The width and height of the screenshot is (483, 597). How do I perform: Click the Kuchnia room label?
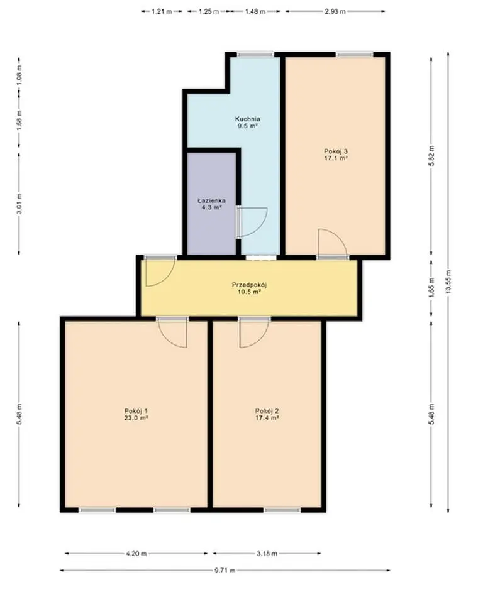[248, 118]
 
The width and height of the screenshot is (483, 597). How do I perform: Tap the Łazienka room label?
[211, 200]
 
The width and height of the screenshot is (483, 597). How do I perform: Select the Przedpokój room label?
[249, 285]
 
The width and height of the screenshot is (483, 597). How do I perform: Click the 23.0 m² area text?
[136, 418]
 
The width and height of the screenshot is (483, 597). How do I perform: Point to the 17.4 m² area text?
[267, 418]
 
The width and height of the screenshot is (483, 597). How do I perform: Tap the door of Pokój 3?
[333, 244]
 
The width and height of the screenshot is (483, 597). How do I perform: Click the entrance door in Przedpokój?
[160, 271]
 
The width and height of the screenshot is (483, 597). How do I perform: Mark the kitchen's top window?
[255, 55]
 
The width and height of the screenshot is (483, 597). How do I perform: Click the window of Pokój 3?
[354, 55]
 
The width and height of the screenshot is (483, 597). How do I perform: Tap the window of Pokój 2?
[282, 510]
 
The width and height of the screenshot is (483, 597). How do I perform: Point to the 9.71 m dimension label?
[225, 571]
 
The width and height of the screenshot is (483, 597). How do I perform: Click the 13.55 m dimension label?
[448, 282]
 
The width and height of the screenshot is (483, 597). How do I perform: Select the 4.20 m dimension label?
[136, 554]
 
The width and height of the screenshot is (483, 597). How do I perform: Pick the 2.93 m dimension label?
[335, 11]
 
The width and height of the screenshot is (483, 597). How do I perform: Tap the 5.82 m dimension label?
[431, 156]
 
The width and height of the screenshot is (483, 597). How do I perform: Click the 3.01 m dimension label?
[19, 204]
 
